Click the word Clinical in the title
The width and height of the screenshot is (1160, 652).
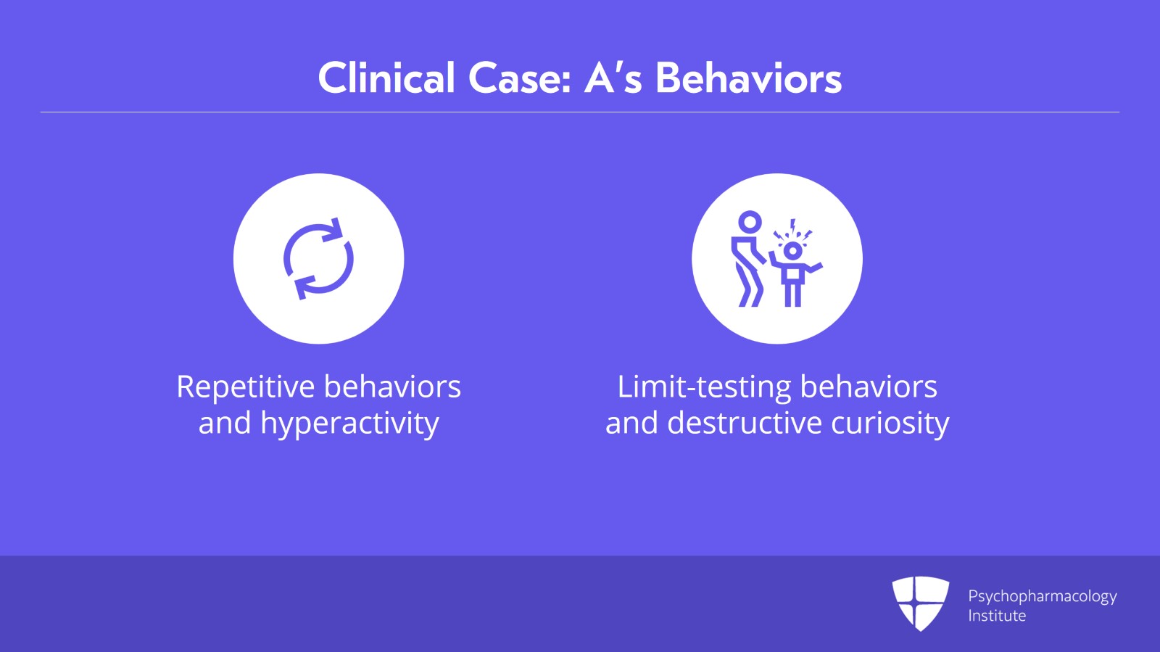point(386,78)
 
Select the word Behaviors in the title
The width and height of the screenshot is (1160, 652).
point(749,78)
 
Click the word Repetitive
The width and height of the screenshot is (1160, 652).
point(246,387)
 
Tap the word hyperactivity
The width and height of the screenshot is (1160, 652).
point(349,424)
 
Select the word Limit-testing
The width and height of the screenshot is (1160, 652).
point(704,387)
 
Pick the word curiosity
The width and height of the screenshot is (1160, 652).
point(890,424)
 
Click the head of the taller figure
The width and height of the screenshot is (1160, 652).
point(750,222)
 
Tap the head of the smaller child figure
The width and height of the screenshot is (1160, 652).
point(793,251)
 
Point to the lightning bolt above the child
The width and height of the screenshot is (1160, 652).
point(793,226)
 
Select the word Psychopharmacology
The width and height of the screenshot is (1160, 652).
point(1043,597)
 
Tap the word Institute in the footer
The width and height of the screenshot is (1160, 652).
point(997,616)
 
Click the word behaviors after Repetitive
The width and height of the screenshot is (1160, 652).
point(392,387)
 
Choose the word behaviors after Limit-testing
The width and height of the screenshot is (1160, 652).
point(869,387)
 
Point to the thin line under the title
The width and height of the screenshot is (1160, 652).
point(580,112)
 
